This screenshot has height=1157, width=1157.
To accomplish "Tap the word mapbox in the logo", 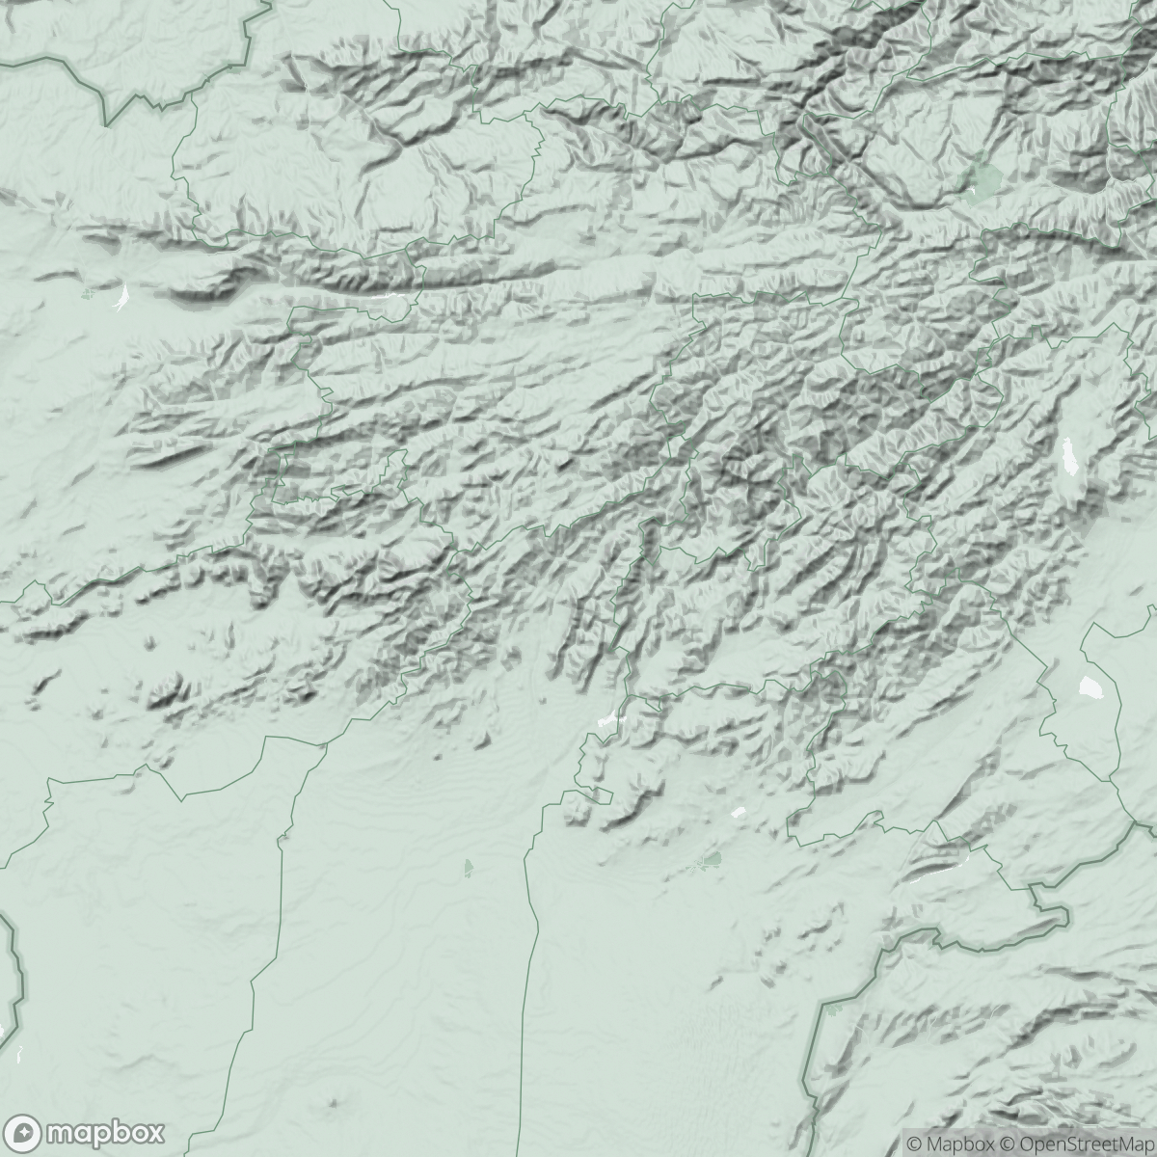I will (106, 1132).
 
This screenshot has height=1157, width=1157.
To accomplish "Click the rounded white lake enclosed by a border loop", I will (1091, 687).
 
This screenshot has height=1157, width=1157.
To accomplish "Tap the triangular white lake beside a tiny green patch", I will (121, 298).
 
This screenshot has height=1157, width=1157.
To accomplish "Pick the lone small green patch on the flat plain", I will (469, 868).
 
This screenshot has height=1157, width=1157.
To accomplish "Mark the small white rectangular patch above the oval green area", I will (740, 812).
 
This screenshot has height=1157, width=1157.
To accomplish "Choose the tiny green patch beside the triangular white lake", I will (89, 293).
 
